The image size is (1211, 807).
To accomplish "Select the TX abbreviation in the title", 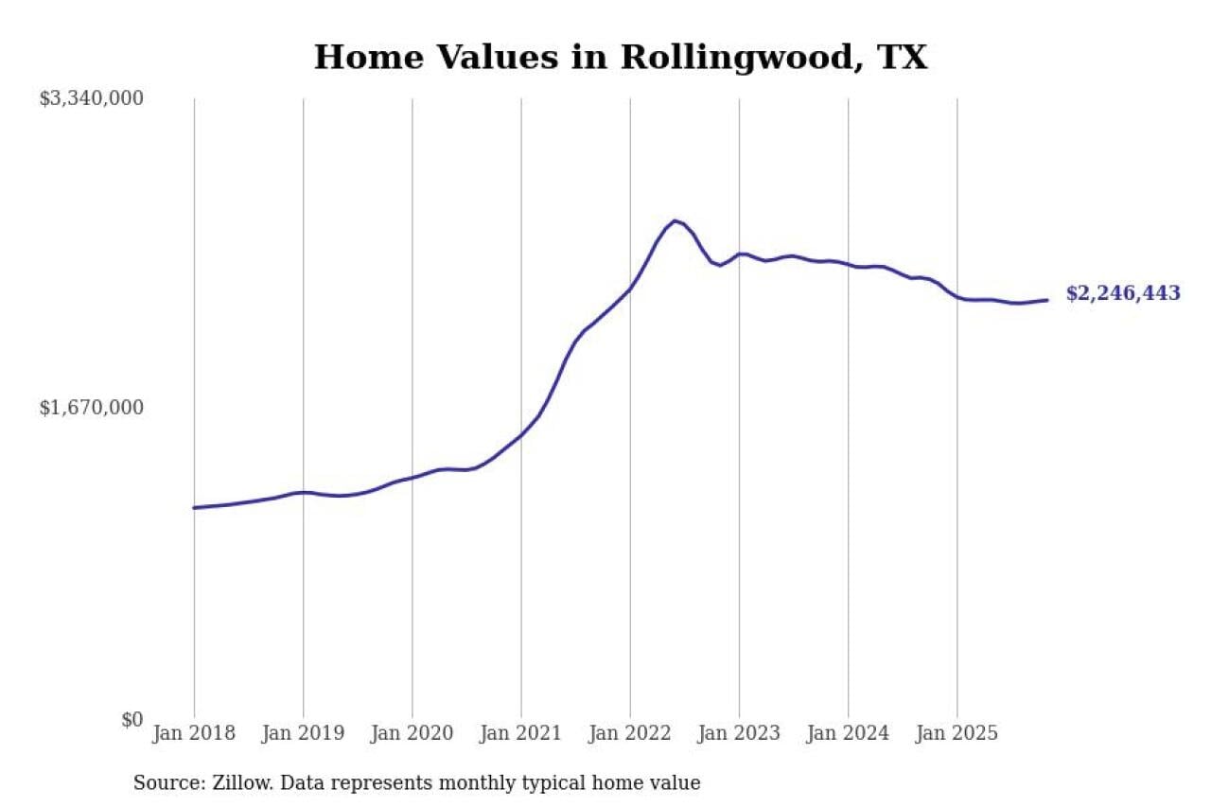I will point(903,58).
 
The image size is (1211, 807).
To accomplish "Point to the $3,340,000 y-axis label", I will point(91,98).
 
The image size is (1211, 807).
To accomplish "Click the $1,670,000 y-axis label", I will point(91,408).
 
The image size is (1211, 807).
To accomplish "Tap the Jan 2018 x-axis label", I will point(194,733).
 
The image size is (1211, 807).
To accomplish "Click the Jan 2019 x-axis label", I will point(303,733).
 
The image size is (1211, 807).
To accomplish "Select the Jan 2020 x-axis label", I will point(412,733).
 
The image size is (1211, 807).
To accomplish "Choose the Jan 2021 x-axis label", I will point(520,733).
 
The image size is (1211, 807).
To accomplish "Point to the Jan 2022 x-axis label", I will point(629,733).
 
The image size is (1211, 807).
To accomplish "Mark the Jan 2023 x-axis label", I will point(739,733).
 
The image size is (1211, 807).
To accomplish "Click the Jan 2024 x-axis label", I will point(848,733).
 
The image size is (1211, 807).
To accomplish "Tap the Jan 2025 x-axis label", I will point(957,733).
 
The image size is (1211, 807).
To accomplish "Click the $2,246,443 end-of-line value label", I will point(1123,293).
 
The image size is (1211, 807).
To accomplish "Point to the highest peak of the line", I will point(674,220).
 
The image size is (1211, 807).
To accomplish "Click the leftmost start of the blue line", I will point(194,508).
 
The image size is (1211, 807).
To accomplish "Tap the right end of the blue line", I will point(1047,300).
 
